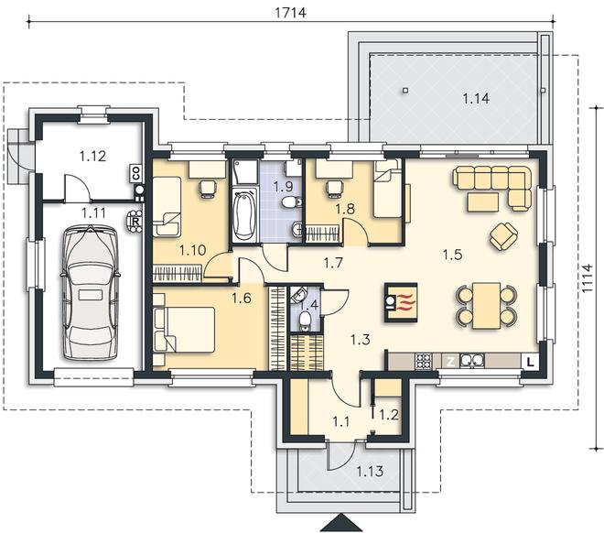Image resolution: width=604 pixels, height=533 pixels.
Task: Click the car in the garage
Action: point(91,293)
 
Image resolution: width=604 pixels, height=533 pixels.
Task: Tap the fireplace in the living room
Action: point(401,302)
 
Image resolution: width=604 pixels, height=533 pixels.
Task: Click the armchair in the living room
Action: point(503,236)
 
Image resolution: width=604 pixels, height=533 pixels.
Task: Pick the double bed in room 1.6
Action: point(184,330)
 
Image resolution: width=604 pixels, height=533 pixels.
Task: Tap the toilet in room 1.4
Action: point(305,321)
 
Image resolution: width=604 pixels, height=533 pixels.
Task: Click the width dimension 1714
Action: point(291,12)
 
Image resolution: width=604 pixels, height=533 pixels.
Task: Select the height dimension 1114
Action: point(587,278)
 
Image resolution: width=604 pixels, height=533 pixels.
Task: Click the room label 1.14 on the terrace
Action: point(476,99)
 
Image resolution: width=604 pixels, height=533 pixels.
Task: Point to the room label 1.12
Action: point(92,156)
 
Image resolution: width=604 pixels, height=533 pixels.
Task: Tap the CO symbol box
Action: point(136,173)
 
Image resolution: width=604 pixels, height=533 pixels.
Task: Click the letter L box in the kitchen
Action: point(531,362)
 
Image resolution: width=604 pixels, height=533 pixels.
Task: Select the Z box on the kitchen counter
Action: point(449,362)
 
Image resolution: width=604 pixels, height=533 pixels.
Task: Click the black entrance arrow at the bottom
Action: point(340,523)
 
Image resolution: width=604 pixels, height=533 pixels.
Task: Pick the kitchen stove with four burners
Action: point(423,362)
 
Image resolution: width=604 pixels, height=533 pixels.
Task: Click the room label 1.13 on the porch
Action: point(370,471)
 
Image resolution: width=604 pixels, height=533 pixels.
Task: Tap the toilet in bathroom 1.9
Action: point(292,201)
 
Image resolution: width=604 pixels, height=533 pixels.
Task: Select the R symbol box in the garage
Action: point(135,222)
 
